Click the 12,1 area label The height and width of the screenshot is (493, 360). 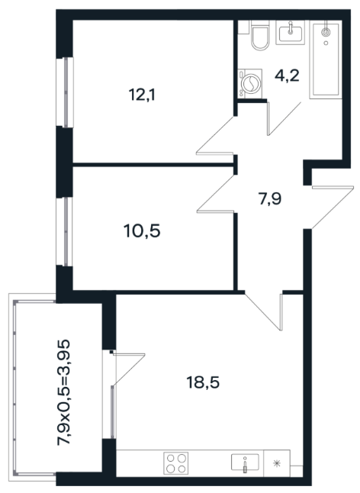click(142, 95)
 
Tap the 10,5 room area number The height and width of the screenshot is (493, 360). click(142, 231)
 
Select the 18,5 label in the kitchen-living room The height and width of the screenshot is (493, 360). click(203, 382)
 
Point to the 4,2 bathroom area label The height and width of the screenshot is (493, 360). click(287, 76)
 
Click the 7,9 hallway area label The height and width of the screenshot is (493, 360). click(270, 199)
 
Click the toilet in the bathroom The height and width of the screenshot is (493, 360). click(260, 35)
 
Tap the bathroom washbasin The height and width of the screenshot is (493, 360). click(291, 33)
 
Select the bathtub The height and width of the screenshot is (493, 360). click(326, 60)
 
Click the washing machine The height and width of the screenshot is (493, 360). click(249, 82)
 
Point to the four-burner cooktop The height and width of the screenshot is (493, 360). click(176, 462)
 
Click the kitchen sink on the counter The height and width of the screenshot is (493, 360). click(245, 462)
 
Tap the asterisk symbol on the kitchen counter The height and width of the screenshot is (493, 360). click(276, 463)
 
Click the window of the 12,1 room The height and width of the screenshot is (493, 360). click(65, 92)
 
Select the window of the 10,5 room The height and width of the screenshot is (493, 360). click(65, 232)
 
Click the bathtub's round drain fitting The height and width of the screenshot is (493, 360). click(326, 31)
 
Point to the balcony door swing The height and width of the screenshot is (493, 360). click(129, 368)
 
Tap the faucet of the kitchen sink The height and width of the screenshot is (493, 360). click(246, 466)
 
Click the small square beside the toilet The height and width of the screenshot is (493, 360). click(243, 27)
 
